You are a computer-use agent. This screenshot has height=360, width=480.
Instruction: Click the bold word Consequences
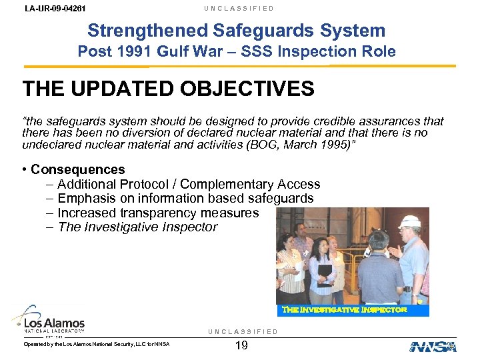(x=77, y=169)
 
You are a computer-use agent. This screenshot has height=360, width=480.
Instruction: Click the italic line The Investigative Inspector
(x=137, y=227)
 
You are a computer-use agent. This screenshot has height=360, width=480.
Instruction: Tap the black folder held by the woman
(x=325, y=272)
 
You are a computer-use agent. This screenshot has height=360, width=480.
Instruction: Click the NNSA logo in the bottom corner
(x=433, y=346)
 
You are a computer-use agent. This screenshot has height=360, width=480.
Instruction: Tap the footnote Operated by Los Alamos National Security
(x=97, y=344)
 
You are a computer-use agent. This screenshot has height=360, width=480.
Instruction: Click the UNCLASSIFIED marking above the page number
(x=243, y=332)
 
